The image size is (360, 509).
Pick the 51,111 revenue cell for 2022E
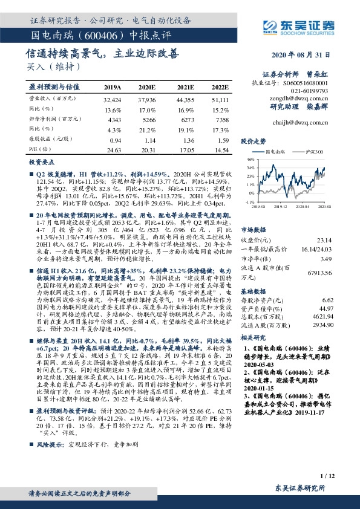pyautogui.click(x=220, y=99)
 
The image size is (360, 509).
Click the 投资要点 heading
pyautogui.click(x=41, y=163)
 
